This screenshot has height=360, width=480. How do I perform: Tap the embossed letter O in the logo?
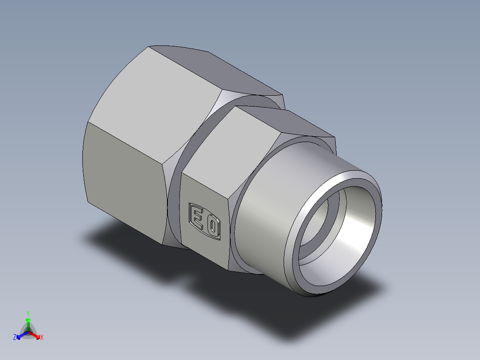213,227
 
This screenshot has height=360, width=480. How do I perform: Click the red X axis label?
42,338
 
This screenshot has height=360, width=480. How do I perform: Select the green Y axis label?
28,313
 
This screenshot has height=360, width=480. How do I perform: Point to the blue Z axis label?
15,338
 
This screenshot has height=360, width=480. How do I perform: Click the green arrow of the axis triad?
28,322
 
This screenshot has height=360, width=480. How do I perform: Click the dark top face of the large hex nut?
214,71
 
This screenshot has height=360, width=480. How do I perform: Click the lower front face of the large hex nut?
125,178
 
